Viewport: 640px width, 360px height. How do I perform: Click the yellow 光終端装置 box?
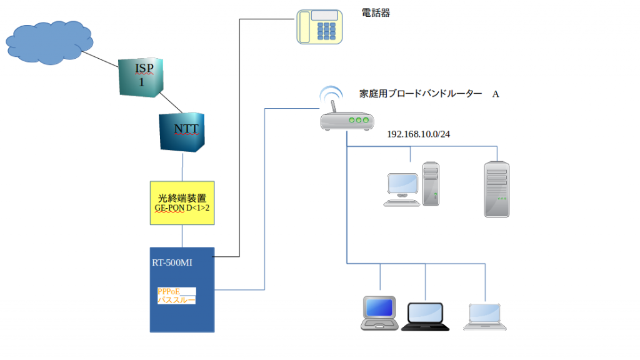coord(182,202)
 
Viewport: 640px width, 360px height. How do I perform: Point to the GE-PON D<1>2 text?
coord(182,207)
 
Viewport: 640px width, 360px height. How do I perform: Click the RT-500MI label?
coord(172,263)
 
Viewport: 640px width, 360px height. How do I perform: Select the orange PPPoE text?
coord(168,291)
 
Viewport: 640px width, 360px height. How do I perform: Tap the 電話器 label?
coord(376,12)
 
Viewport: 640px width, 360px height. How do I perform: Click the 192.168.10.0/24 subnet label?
coord(418,134)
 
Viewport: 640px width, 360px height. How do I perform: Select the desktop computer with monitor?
coord(412,184)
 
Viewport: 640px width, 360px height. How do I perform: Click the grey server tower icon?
coord(496,189)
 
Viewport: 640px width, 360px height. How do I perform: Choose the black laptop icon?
coord(426,316)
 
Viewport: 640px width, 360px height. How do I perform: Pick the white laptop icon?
coord(485,316)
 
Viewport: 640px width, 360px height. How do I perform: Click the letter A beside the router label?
coord(496,94)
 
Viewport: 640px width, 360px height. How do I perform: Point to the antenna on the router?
coord(334,106)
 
